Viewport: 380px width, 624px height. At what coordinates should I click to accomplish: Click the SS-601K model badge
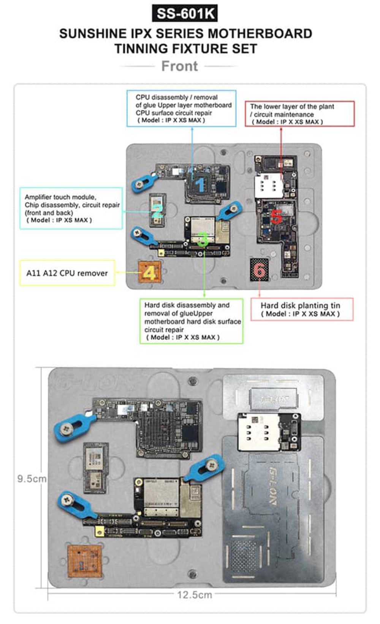pyautogui.click(x=185, y=14)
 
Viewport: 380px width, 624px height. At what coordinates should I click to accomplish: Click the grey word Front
pyautogui.click(x=179, y=66)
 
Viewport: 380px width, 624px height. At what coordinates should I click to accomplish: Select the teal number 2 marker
pyautogui.click(x=157, y=211)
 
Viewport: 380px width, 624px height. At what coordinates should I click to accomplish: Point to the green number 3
pyautogui.click(x=203, y=239)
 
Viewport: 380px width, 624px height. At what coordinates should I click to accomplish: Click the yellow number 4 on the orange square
pyautogui.click(x=149, y=273)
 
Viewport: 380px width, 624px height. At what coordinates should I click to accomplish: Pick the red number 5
pyautogui.click(x=276, y=217)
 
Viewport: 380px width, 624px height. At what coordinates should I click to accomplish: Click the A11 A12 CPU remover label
pyautogui.click(x=67, y=273)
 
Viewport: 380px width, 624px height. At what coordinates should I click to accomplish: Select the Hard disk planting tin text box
pyautogui.click(x=302, y=309)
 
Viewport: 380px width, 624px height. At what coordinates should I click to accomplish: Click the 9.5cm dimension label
pyautogui.click(x=32, y=479)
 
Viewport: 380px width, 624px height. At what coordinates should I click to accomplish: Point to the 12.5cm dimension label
pyautogui.click(x=195, y=595)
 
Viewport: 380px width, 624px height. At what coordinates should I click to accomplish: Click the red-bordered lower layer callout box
pyautogui.click(x=299, y=114)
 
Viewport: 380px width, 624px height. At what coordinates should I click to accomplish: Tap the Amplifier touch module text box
pyautogui.click(x=71, y=208)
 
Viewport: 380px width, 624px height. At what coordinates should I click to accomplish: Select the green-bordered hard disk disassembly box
pyautogui.click(x=191, y=321)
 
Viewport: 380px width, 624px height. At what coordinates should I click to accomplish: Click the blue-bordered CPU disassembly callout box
pyautogui.click(x=181, y=109)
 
